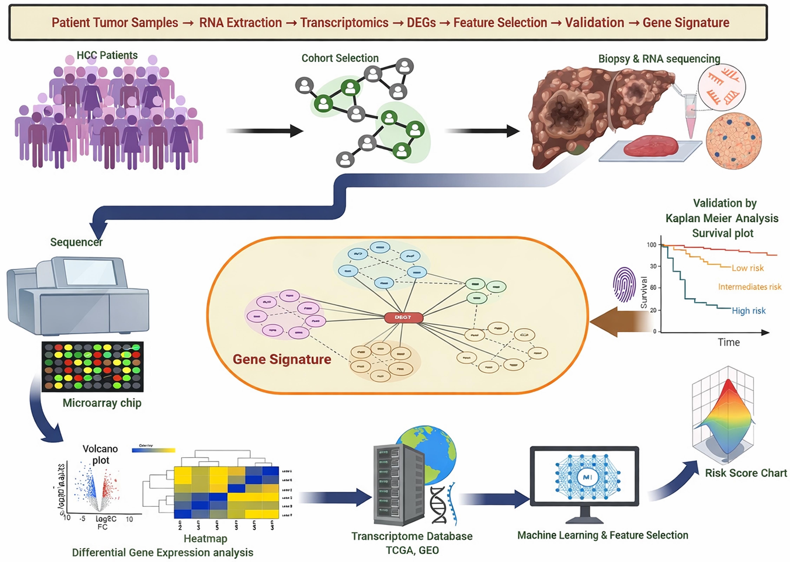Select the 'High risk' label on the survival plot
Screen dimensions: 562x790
(748, 311)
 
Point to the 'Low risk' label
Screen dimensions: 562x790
(748, 268)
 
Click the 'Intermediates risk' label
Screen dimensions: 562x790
(749, 287)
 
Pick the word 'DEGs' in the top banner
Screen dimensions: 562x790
(421, 23)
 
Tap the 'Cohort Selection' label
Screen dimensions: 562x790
(340, 58)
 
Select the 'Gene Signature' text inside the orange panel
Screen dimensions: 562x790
(282, 359)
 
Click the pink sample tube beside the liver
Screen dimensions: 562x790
(690, 116)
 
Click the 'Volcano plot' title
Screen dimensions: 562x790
(100, 454)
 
